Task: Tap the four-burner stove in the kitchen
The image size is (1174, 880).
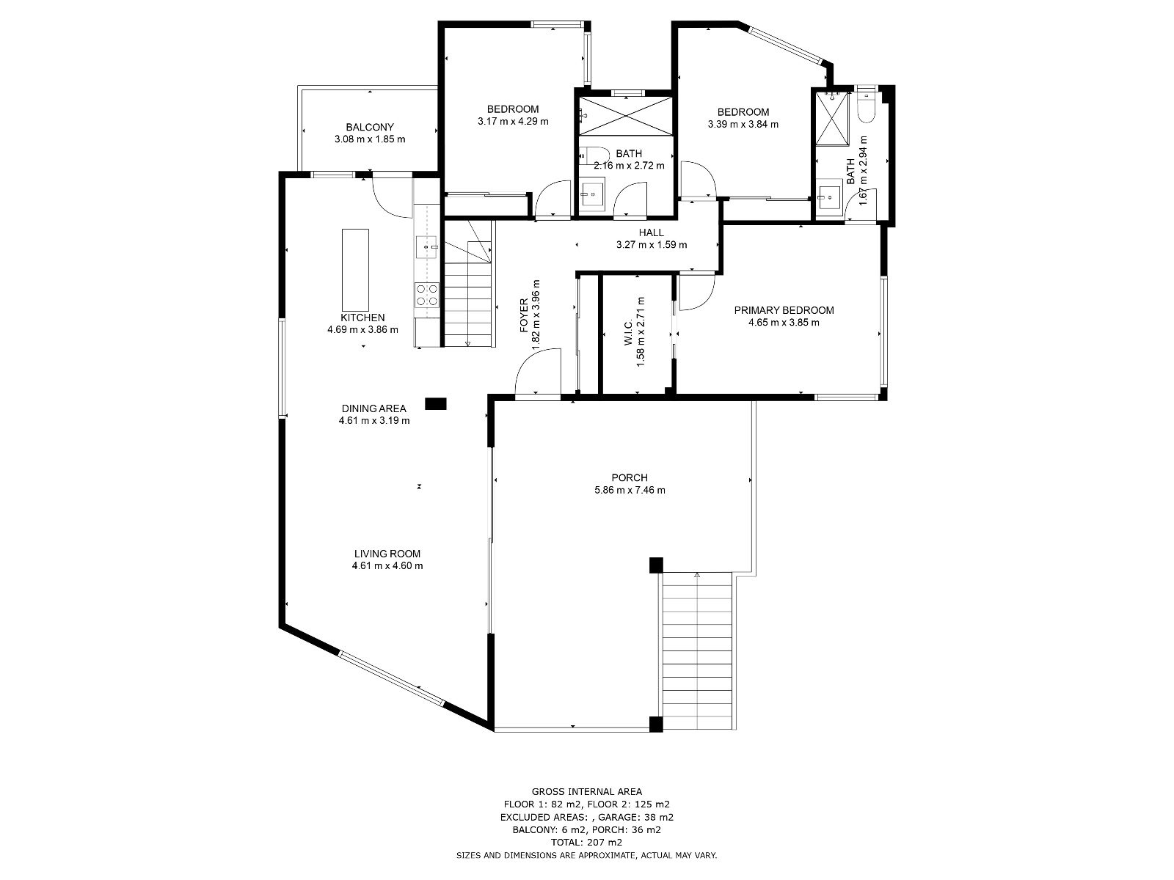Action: tap(427, 295)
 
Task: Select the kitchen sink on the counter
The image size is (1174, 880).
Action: tap(427, 247)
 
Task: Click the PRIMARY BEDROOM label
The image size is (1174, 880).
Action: tap(784, 310)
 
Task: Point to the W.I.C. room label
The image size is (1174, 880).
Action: tap(628, 331)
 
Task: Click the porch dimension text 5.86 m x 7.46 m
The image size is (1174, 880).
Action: tap(630, 490)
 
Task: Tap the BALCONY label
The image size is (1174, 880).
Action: tap(370, 127)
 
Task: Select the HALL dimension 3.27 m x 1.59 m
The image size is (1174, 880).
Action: tap(652, 245)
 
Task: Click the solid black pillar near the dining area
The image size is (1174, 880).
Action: tap(435, 404)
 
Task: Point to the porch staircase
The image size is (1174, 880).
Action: tap(697, 650)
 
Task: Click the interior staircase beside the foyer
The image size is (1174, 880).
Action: tap(467, 284)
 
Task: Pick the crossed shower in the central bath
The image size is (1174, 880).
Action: tap(625, 116)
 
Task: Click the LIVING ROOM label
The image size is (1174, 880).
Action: tap(387, 554)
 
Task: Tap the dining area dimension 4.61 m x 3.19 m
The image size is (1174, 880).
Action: tap(374, 420)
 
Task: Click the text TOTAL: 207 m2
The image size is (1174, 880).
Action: tap(586, 843)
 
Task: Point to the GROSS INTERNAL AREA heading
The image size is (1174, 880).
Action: tap(587, 792)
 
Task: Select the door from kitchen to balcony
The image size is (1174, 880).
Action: tap(393, 196)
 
